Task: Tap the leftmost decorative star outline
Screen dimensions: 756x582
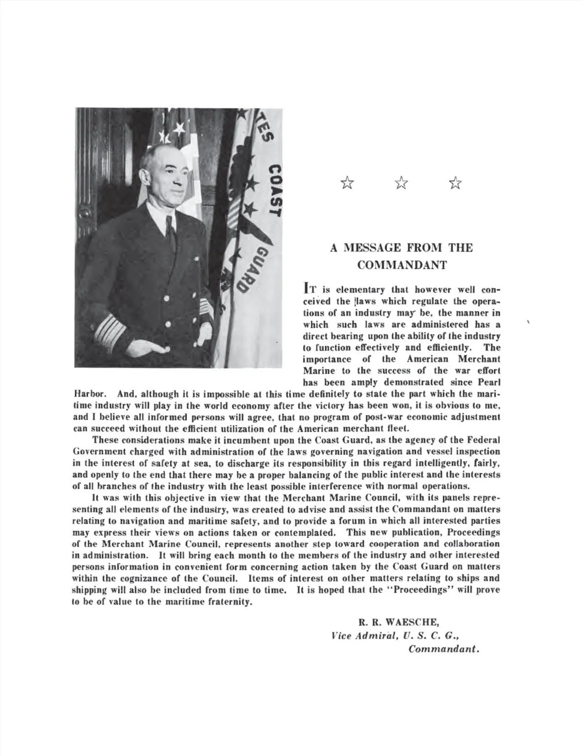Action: (347, 183)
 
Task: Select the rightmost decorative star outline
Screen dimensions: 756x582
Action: (455, 183)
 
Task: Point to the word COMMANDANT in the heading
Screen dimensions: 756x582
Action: (402, 265)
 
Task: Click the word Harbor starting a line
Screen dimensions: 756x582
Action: (87, 394)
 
